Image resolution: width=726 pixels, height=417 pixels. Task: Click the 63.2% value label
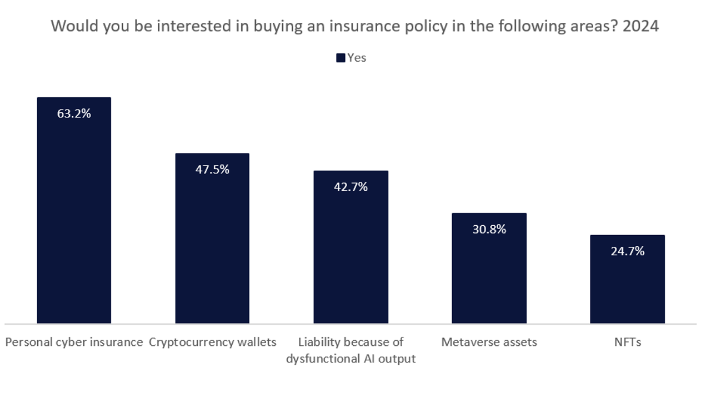[74, 114]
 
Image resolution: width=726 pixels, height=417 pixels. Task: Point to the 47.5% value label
[212, 170]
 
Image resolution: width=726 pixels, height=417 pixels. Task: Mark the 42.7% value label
[351, 187]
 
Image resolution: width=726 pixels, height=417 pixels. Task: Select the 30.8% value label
[489, 229]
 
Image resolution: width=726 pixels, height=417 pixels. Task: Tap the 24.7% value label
[627, 251]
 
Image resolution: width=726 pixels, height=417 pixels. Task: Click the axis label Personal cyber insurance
[74, 342]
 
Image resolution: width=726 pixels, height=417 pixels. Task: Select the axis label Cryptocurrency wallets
[212, 342]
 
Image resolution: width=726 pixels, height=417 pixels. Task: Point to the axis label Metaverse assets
[489, 342]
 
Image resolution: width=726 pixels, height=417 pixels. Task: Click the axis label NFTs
[627, 342]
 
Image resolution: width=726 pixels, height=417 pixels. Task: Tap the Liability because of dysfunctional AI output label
[351, 350]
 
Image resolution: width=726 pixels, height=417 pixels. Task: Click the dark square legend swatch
[341, 58]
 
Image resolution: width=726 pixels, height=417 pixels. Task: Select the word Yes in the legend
[357, 58]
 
